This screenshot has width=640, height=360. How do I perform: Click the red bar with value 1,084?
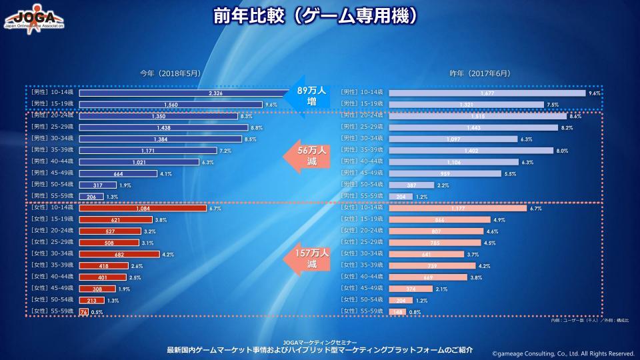[x=143, y=208]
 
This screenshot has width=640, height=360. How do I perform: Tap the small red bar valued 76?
[x=83, y=311]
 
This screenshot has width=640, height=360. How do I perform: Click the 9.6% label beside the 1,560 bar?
[x=271, y=105]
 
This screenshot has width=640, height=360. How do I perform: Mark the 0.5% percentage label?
[x=97, y=311]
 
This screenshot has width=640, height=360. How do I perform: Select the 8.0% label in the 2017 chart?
[x=561, y=151]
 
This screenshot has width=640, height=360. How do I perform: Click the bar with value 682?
[x=119, y=254]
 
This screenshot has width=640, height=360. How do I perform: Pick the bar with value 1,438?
[x=163, y=127]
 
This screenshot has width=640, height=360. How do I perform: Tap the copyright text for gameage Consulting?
[x=563, y=353]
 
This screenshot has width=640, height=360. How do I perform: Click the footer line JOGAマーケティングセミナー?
[x=319, y=341]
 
